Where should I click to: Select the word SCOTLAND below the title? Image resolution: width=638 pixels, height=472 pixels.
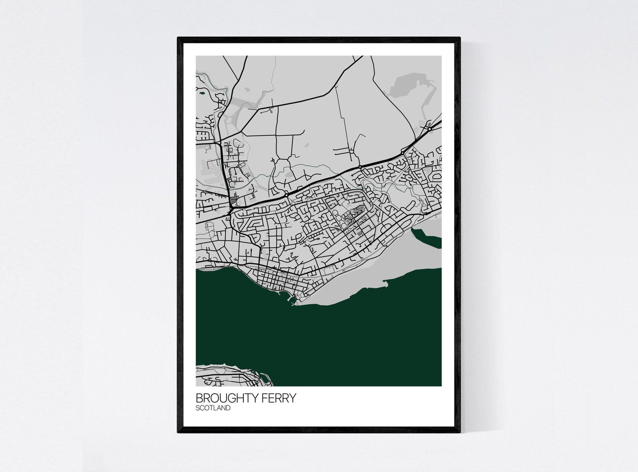[213, 408]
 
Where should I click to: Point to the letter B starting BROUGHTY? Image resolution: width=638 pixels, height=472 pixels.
[199, 398]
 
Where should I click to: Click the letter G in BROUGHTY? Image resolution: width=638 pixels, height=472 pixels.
[233, 398]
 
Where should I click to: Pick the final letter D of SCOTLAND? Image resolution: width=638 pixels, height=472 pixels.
[228, 408]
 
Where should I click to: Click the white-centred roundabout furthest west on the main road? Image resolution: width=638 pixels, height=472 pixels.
[286, 194]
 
